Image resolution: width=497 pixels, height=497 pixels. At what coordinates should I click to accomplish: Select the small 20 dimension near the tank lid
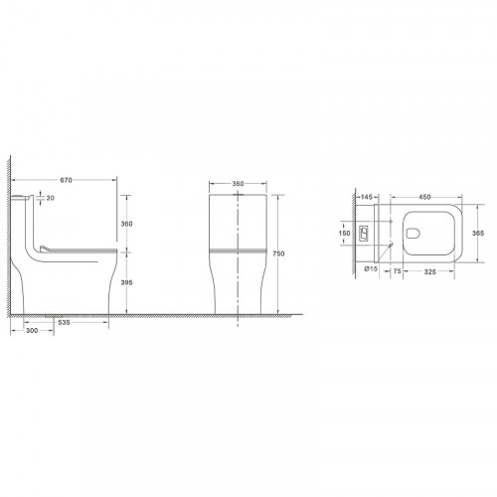51,199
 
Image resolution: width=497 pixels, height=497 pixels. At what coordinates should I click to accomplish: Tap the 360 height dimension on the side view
125,225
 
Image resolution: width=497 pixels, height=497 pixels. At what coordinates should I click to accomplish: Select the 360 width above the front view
239,184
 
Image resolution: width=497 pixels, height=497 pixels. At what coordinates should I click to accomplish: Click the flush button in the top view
365,236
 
